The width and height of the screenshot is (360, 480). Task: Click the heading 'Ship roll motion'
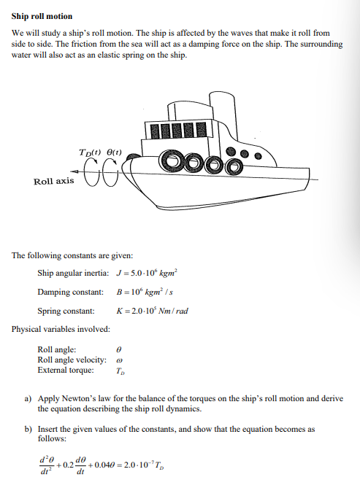coord(42,16)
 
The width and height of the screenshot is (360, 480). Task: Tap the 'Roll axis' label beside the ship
coord(53,181)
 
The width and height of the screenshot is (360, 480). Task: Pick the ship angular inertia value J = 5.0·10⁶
coord(153,274)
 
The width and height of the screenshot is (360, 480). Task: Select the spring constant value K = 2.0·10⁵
coord(153,311)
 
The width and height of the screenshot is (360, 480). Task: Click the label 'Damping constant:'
coord(70,293)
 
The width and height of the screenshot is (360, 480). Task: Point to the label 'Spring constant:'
coord(66,311)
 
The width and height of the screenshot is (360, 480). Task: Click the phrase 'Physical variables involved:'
coord(61,329)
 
